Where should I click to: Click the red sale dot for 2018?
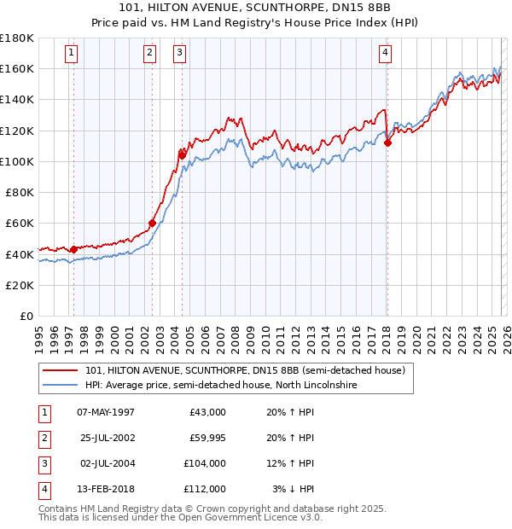click(387, 142)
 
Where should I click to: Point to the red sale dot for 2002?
click(152, 224)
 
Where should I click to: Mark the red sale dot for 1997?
click(73, 249)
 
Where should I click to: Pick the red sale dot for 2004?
click(182, 154)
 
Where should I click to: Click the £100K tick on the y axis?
click(16, 161)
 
